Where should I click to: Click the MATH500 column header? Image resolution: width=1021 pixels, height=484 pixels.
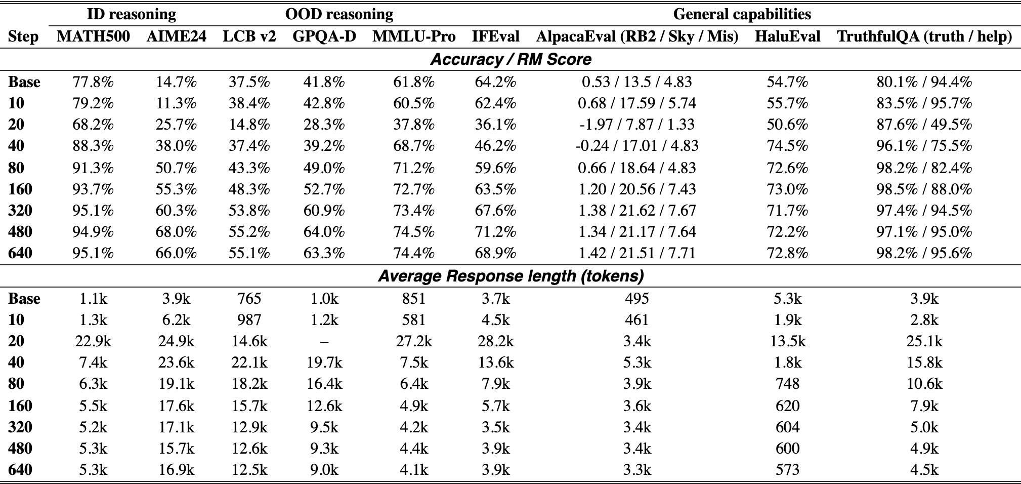pyautogui.click(x=93, y=36)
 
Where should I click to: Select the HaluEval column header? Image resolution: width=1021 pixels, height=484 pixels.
pyautogui.click(x=787, y=36)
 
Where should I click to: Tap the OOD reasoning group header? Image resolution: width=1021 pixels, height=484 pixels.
pyautogui.click(x=339, y=14)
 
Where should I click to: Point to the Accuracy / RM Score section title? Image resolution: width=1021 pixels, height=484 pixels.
pyautogui.click(x=510, y=59)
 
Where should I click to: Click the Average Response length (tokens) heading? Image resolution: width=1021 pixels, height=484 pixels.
pyautogui.click(x=510, y=276)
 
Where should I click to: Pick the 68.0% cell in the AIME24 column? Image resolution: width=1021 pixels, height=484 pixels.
pyautogui.click(x=176, y=232)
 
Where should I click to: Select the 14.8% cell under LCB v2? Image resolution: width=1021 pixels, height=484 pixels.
pyautogui.click(x=249, y=125)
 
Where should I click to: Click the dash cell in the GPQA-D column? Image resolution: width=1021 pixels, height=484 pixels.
pyautogui.click(x=324, y=342)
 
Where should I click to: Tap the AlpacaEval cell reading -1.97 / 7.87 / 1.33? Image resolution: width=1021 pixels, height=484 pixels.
pyautogui.click(x=636, y=125)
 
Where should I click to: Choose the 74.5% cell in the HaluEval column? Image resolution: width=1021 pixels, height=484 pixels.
pyautogui.click(x=787, y=146)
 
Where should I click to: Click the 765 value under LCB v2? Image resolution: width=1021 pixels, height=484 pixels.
pyautogui.click(x=249, y=299)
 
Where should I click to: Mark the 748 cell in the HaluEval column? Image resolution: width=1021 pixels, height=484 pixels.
pyautogui.click(x=787, y=384)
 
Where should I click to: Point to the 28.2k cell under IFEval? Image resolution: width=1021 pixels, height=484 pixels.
pyautogui.click(x=495, y=341)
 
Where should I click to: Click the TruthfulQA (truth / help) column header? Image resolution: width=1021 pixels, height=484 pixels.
pyautogui.click(x=924, y=36)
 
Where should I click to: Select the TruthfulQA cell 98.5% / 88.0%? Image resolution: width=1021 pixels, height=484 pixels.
pyautogui.click(x=924, y=189)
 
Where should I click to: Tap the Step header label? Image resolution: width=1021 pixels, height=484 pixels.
pyautogui.click(x=23, y=37)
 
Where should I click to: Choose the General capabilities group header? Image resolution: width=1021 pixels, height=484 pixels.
pyautogui.click(x=742, y=14)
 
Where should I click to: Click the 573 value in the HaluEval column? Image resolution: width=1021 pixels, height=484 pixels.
pyautogui.click(x=787, y=470)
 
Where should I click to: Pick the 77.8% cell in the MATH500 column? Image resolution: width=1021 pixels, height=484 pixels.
pyautogui.click(x=93, y=82)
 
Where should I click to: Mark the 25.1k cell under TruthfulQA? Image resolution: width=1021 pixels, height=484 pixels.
pyautogui.click(x=924, y=341)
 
